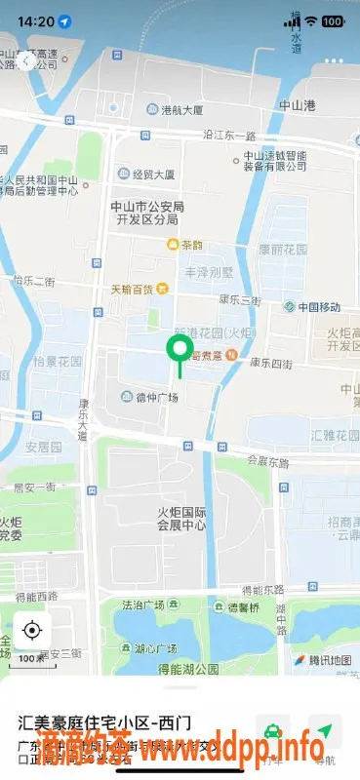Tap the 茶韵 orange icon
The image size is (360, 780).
pyautogui.click(x=174, y=245)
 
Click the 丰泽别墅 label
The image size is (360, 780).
pyautogui.click(x=219, y=273)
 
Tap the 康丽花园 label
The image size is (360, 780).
pyautogui.click(x=283, y=250)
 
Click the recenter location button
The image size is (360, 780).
pyautogui.click(x=32, y=630)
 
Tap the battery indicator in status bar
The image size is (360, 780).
pyautogui.click(x=332, y=20)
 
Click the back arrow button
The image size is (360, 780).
pyautogui.click(x=26, y=60)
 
